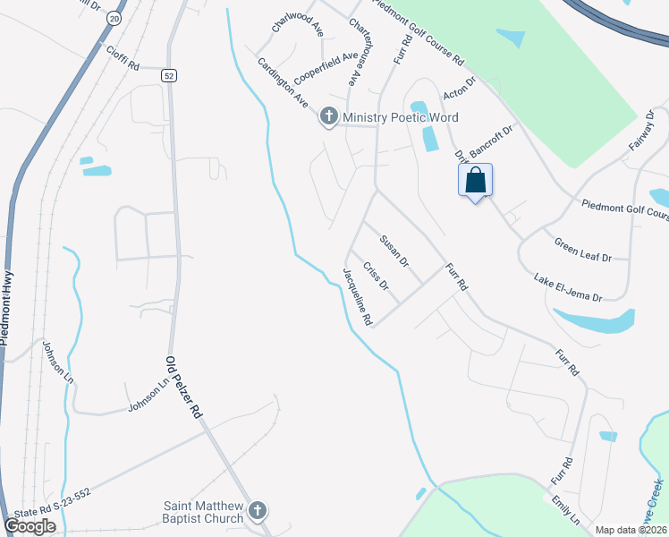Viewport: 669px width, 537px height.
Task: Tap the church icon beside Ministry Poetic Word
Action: [329, 117]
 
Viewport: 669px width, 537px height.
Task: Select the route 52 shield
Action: [169, 76]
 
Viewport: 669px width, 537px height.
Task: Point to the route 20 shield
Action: [113, 18]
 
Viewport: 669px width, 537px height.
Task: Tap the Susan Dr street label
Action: [394, 251]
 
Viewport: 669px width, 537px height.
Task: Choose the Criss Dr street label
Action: [377, 277]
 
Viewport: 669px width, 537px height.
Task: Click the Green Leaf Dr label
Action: [582, 250]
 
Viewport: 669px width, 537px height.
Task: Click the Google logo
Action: [30, 526]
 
